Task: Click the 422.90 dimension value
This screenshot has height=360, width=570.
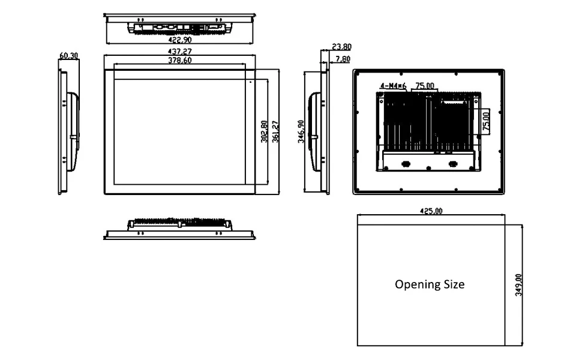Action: (x=180, y=40)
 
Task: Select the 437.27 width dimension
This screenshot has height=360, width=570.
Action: (x=180, y=52)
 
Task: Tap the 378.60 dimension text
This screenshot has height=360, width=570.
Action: (x=180, y=60)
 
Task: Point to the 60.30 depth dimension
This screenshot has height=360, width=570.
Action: (x=68, y=56)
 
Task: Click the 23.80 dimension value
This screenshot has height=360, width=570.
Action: (x=341, y=47)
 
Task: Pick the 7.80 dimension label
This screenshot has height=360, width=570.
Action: (x=343, y=59)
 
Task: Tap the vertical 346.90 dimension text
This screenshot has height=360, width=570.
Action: (x=301, y=131)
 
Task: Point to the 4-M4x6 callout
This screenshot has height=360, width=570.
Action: (x=393, y=86)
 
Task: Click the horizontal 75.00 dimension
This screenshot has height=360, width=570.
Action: (x=425, y=86)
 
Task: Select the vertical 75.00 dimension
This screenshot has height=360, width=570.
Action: (x=486, y=120)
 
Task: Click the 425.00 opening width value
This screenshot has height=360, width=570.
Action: (x=431, y=211)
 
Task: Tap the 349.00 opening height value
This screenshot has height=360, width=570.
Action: (x=519, y=285)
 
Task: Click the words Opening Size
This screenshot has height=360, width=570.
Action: (x=430, y=284)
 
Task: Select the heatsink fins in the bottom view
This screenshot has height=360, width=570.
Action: (x=180, y=223)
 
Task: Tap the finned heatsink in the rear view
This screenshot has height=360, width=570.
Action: (x=414, y=123)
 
